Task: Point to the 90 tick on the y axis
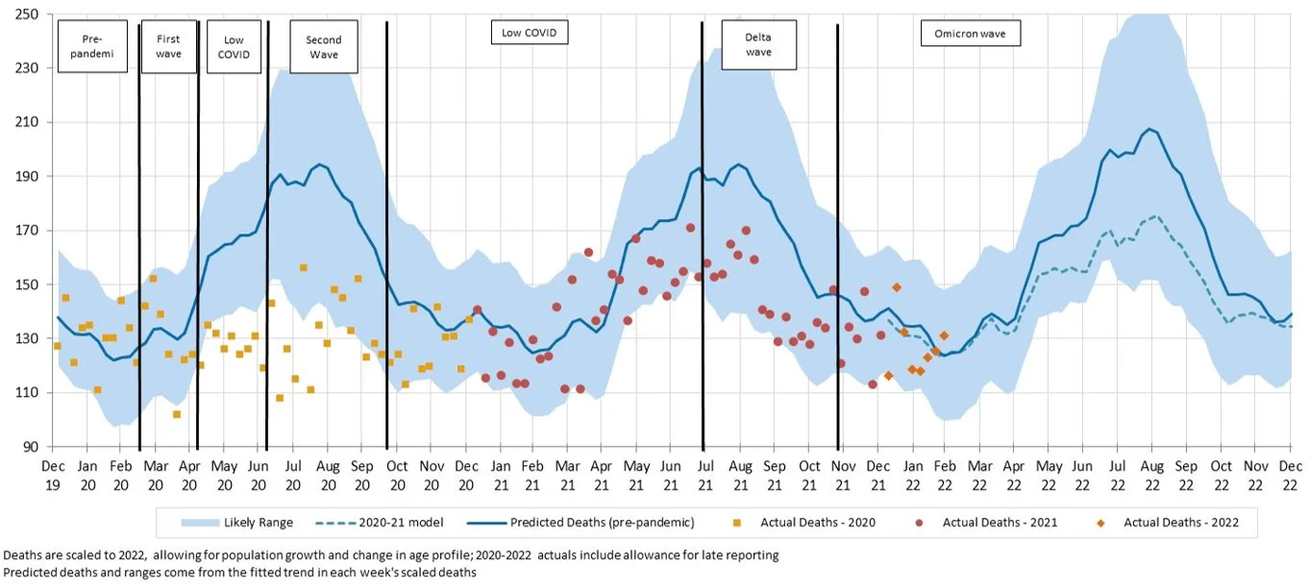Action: (x=29, y=447)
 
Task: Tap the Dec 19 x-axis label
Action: (x=52, y=473)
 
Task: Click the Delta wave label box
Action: (x=759, y=45)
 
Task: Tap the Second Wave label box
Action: (x=324, y=47)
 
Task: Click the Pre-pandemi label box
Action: (x=93, y=47)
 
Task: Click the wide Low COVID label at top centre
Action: (x=529, y=33)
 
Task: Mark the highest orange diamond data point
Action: (x=897, y=287)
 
